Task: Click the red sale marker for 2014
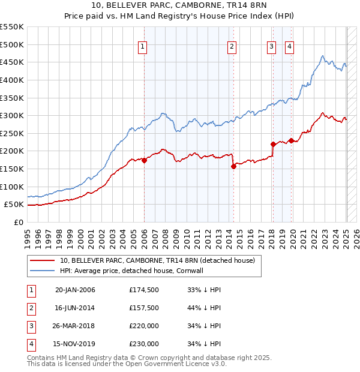(x=233, y=166)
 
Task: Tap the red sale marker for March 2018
(x=273, y=144)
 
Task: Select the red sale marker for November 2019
(x=291, y=140)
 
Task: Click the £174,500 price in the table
(x=144, y=290)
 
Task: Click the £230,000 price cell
(x=144, y=344)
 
